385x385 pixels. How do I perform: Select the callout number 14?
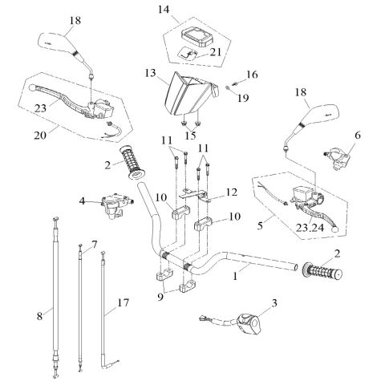coord(164,10)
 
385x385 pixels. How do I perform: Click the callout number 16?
coord(251,74)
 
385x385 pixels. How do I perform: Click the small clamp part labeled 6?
coord(338,155)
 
